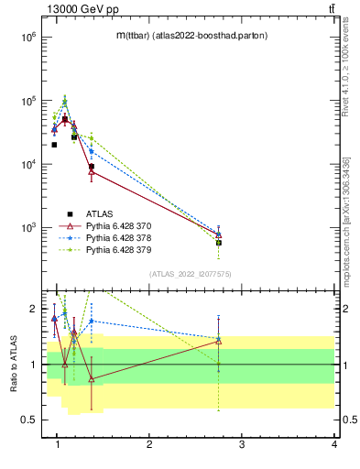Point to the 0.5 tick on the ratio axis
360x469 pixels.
[27, 420]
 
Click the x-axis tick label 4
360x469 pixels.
[333, 444]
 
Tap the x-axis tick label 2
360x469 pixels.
[149, 444]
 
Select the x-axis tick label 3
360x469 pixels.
[242, 444]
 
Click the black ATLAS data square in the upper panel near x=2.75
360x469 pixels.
[218, 243]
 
